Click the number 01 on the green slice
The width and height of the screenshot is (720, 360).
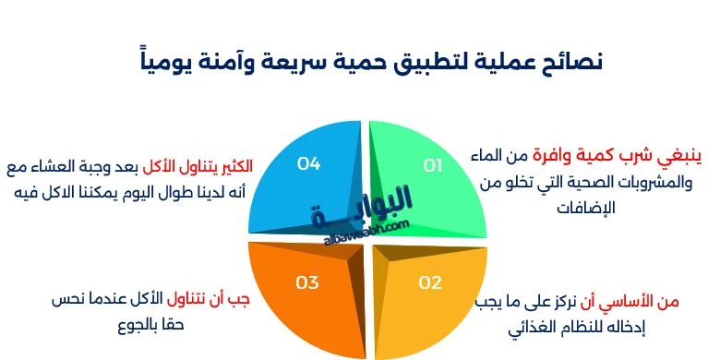pyautogui.click(x=433, y=165)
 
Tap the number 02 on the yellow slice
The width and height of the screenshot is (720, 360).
pyautogui.click(x=430, y=282)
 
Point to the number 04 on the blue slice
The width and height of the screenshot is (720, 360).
pyautogui.click(x=308, y=163)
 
